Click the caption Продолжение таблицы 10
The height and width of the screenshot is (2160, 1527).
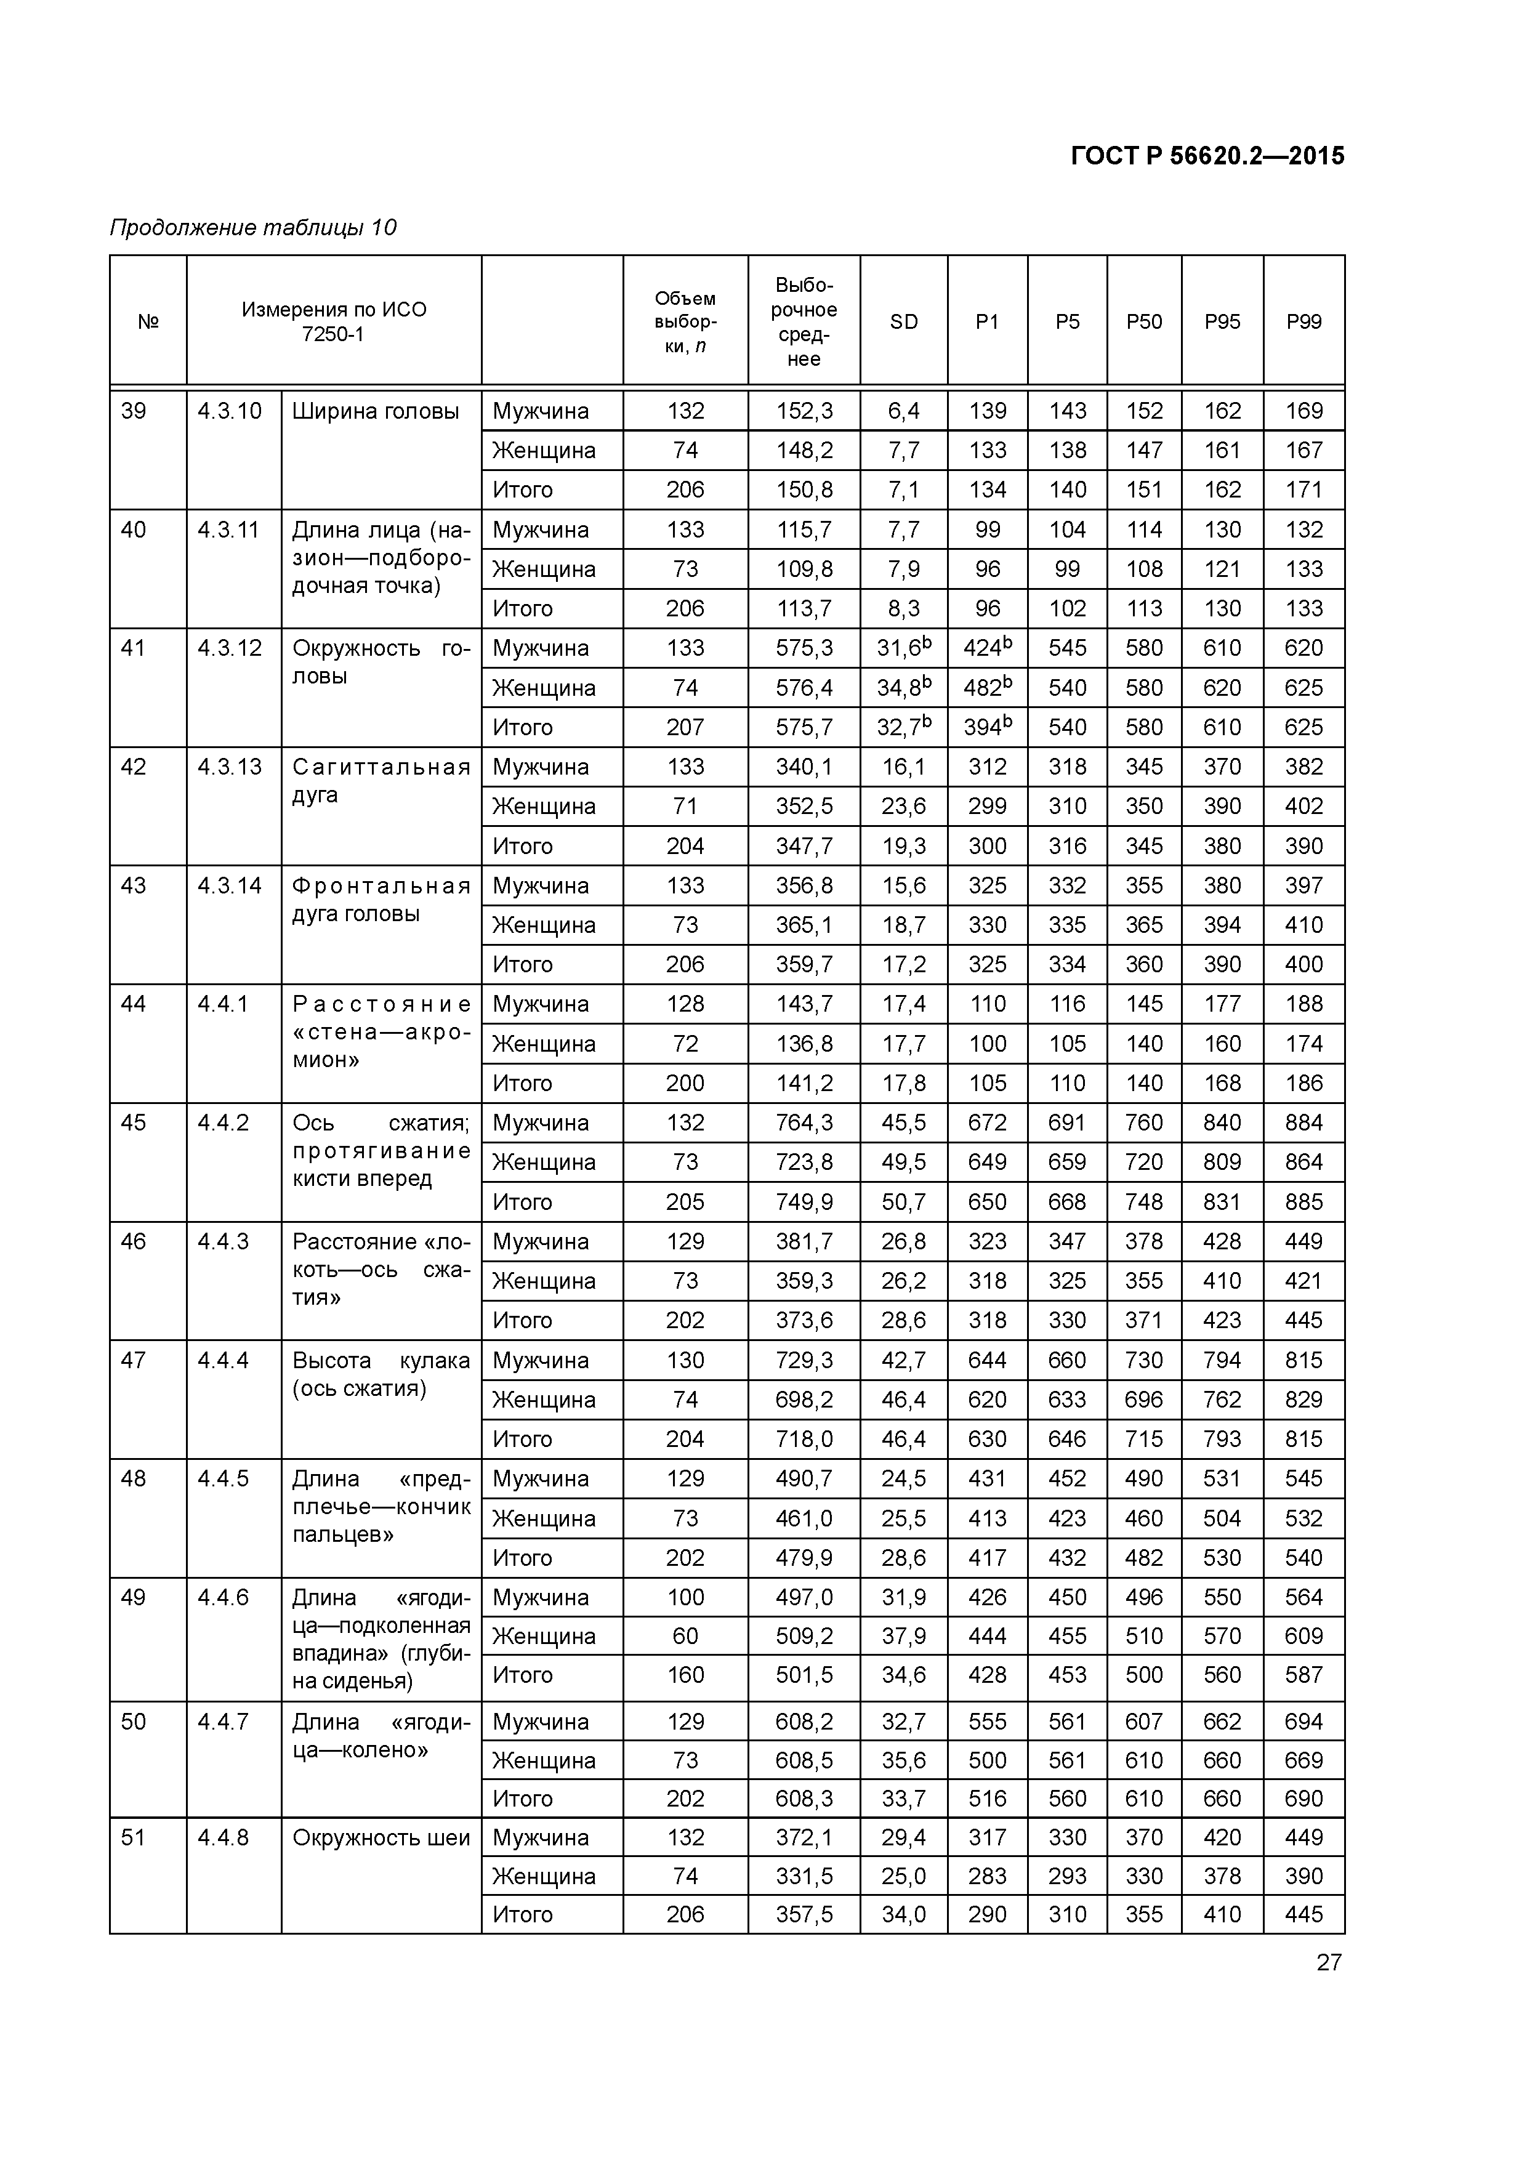(253, 228)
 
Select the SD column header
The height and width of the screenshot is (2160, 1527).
(903, 322)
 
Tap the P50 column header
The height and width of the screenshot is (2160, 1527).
(1144, 322)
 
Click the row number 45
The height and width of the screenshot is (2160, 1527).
(134, 1122)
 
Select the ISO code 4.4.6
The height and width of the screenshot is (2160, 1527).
(223, 1597)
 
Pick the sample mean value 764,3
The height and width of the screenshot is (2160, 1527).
(804, 1122)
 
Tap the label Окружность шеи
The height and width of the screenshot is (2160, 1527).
(380, 1837)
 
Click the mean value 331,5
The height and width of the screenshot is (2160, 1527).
(804, 1876)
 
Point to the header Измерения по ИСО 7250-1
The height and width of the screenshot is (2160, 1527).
(333, 322)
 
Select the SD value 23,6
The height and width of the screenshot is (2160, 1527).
(903, 806)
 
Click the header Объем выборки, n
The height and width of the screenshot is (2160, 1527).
(685, 322)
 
